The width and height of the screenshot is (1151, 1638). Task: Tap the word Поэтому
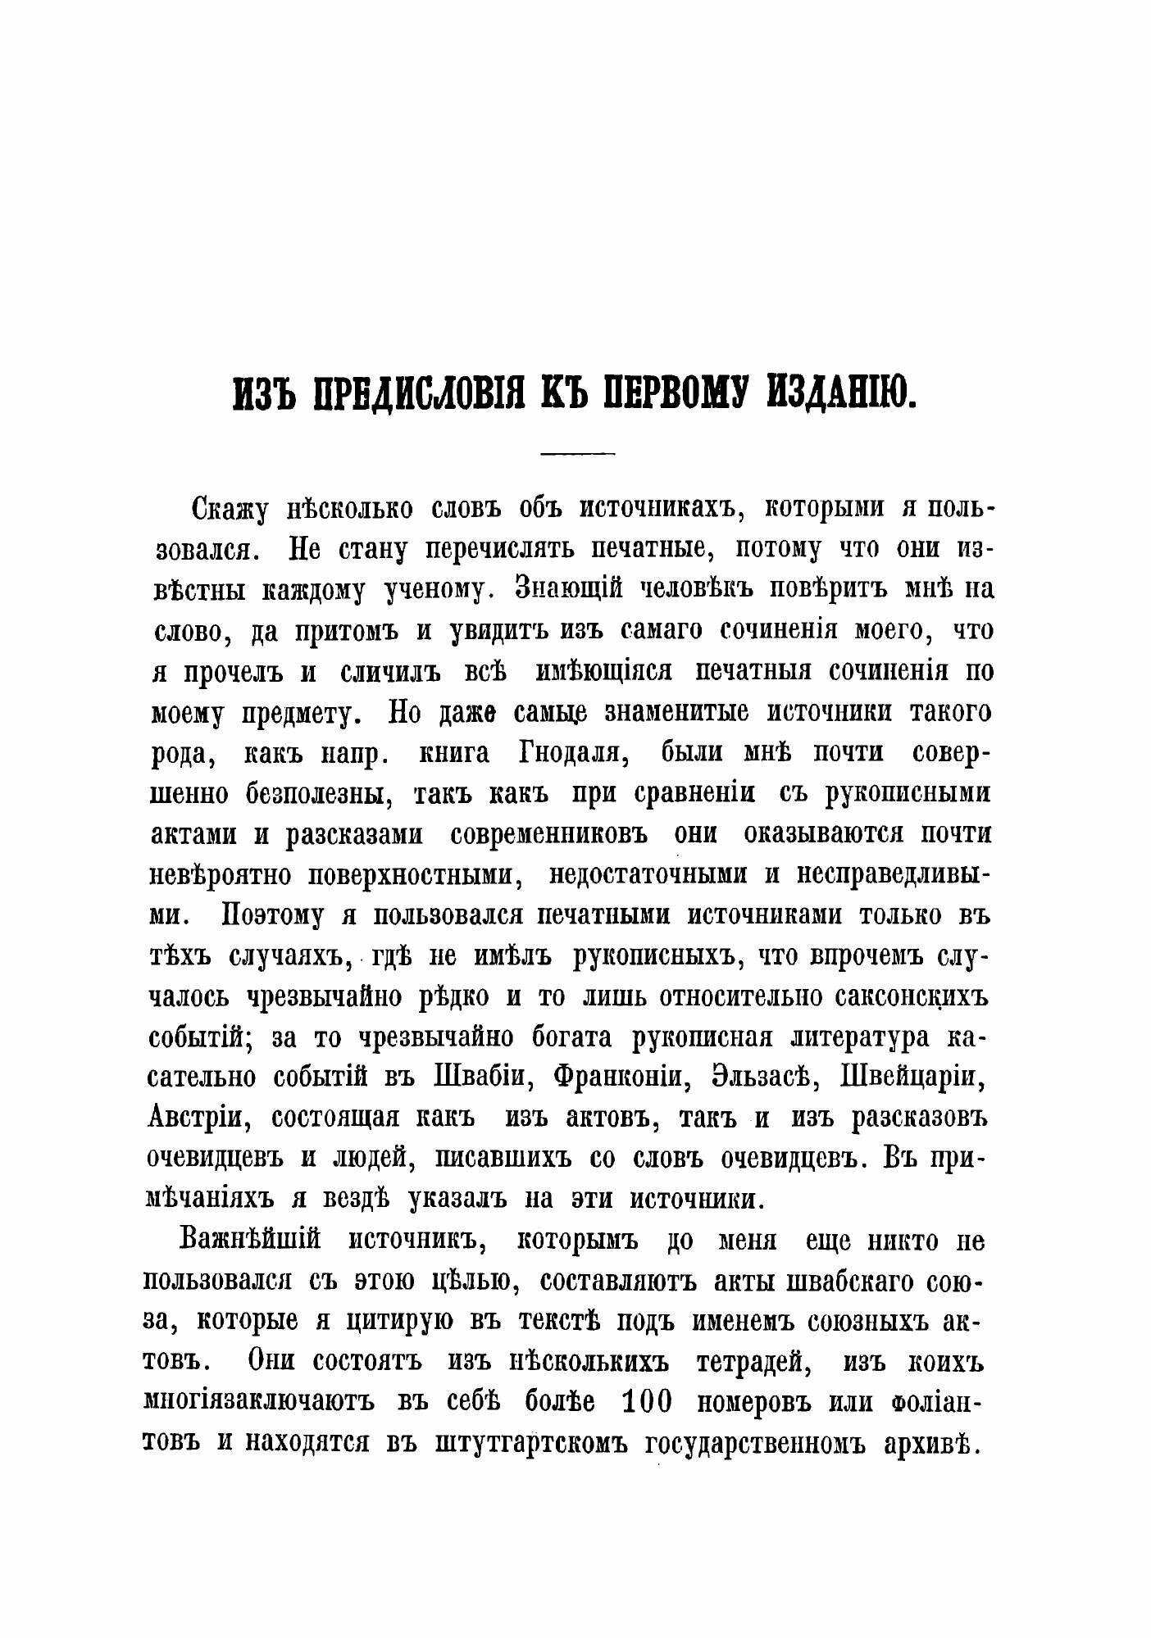click(x=271, y=916)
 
